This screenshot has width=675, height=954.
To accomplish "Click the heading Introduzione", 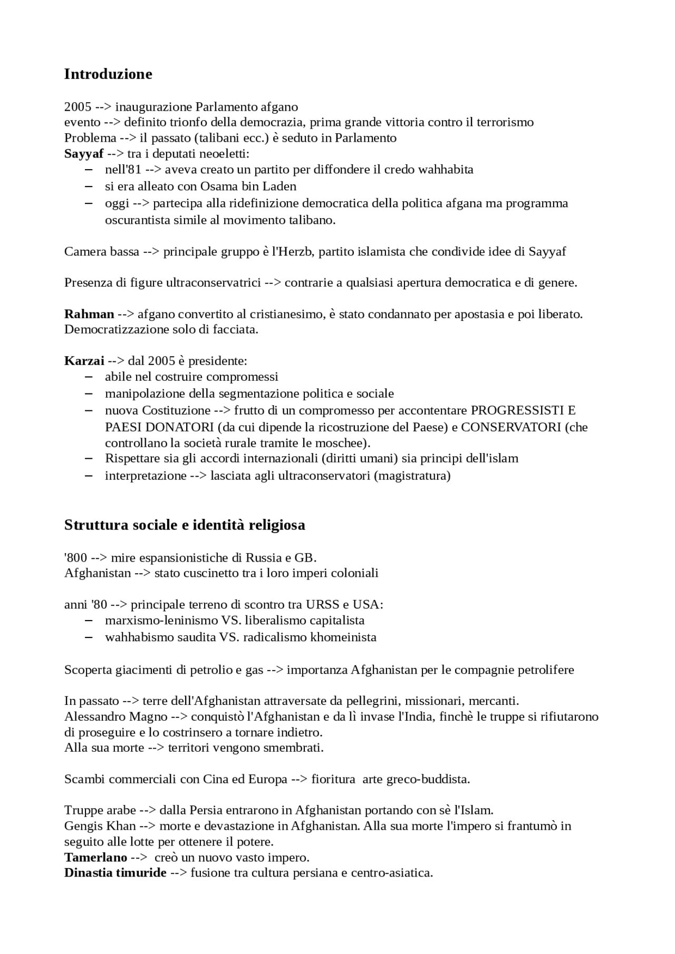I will coord(108,74).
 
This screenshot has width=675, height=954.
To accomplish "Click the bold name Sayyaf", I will coord(84,154).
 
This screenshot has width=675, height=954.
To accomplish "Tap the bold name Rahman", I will coord(89,314).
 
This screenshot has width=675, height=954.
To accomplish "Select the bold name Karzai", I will coord(84,361).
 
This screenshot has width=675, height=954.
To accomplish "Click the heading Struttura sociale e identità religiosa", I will coord(185,525).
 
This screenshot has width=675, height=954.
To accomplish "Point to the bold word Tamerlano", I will coord(95,857).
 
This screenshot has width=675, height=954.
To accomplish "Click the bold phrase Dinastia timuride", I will coord(115,873).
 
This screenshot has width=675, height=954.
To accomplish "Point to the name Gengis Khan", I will coord(100,826).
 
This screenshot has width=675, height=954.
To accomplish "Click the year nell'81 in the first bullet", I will coord(123,170).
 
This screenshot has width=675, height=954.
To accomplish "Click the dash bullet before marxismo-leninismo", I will coord(89,621).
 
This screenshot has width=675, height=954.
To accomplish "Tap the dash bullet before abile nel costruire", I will coord(89,377).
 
